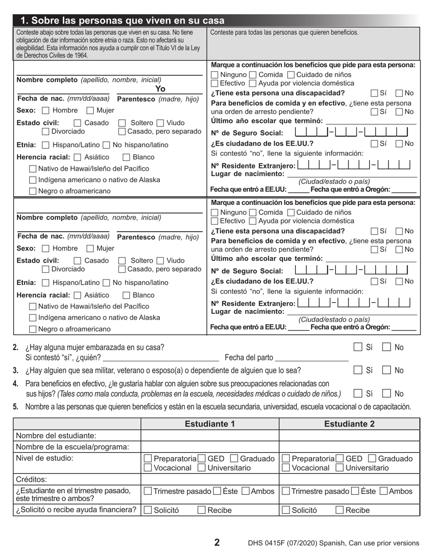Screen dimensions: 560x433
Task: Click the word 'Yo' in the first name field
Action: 160,89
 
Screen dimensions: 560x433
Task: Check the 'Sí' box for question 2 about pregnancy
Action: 358,347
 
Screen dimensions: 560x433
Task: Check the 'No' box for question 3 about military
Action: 386,370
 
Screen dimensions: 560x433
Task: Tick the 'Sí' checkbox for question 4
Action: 358,393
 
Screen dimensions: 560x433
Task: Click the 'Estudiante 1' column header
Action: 210,424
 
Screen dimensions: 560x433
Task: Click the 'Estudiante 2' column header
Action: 349,424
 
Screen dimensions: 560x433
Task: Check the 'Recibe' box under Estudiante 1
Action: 201,510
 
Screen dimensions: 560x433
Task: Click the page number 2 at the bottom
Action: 217,542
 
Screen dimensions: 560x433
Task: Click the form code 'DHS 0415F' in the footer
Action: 267,543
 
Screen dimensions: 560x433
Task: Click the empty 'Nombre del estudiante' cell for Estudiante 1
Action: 210,436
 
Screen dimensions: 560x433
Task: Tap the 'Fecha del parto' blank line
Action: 312,358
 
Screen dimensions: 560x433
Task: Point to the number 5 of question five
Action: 15,407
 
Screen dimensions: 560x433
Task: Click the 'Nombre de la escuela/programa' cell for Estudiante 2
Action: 349,447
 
